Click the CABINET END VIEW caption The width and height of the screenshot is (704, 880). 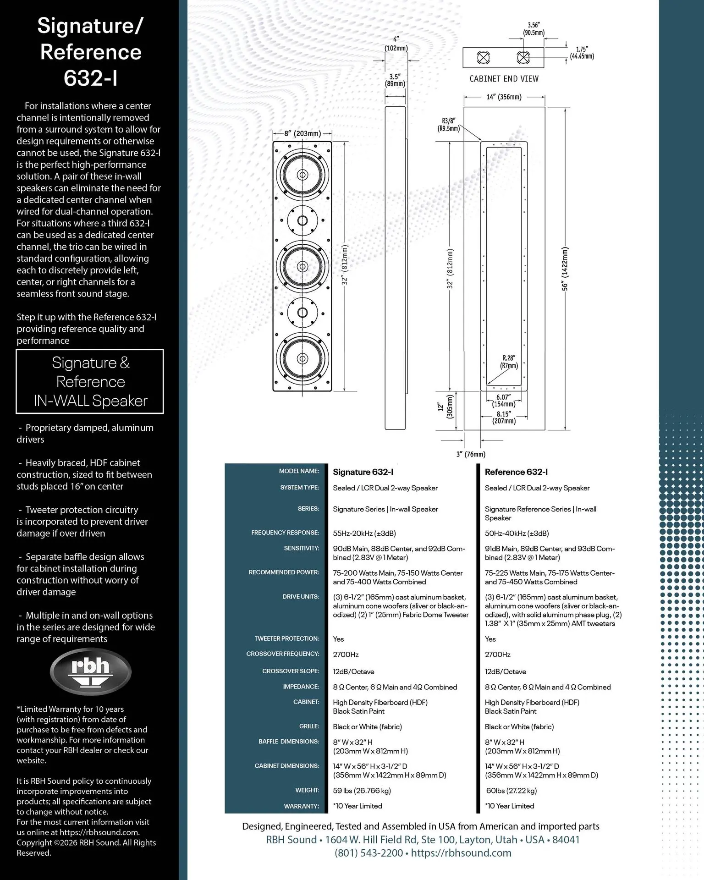tap(504, 79)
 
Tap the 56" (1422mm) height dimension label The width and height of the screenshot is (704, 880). tap(565, 269)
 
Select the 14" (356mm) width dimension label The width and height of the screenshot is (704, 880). tap(504, 97)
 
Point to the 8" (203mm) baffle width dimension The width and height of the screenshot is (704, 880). tap(302, 133)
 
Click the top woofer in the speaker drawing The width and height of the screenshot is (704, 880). tap(302, 175)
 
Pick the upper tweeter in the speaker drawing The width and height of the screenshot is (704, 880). tap(302, 220)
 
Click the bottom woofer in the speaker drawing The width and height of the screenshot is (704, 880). tap(302, 358)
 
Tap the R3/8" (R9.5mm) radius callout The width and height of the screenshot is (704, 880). tap(448, 125)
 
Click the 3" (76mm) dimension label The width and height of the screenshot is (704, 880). tap(471, 454)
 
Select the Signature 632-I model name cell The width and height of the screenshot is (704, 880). tap(363, 472)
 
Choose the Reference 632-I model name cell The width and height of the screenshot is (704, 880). tap(516, 472)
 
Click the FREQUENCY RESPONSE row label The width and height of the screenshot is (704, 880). tap(285, 533)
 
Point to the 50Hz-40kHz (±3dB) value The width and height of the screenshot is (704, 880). tap(517, 533)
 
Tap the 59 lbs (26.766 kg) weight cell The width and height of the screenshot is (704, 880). tap(362, 791)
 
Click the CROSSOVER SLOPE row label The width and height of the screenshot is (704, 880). tap(291, 671)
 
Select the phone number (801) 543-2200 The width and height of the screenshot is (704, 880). tap(368, 853)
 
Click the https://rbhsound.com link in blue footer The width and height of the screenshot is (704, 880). tap(461, 853)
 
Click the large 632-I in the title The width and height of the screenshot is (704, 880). tap(90, 78)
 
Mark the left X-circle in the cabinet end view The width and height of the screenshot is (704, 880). tap(483, 58)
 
